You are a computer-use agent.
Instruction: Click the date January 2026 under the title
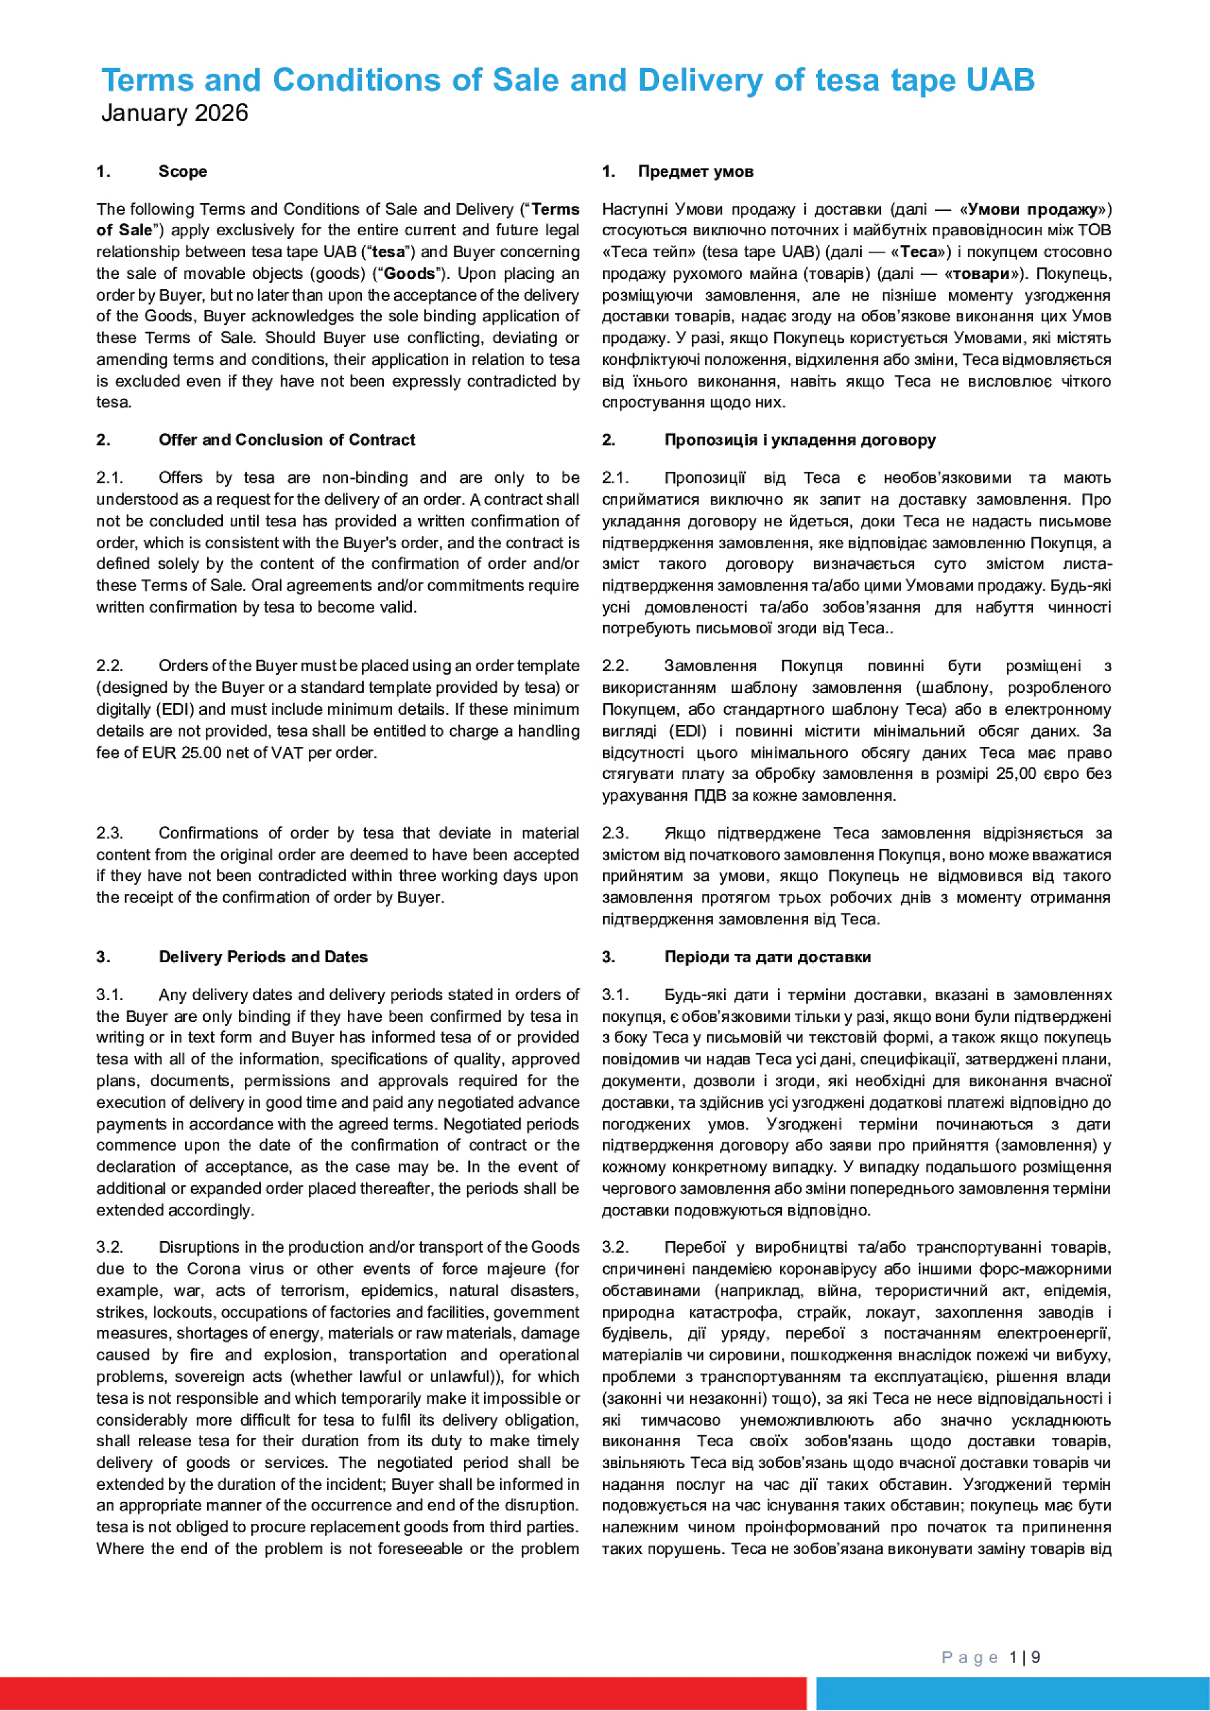tap(174, 113)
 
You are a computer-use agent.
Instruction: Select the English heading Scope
tap(183, 171)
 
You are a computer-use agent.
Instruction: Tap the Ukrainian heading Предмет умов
tap(695, 171)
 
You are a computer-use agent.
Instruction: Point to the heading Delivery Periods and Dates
tap(262, 957)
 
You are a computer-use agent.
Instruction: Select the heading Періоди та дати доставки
tap(767, 957)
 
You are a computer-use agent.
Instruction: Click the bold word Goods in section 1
tap(408, 274)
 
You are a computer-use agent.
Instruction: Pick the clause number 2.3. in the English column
tap(110, 833)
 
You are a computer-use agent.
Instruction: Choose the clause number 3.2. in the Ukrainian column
tap(615, 1248)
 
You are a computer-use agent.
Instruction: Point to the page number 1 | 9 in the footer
tap(1025, 1657)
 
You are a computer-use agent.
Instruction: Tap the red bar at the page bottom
tap(402, 1693)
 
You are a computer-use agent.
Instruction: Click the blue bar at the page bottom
tap(1012, 1693)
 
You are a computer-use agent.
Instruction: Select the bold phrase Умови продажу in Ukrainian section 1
tap(1032, 210)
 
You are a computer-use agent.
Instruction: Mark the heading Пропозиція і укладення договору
tap(799, 440)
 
